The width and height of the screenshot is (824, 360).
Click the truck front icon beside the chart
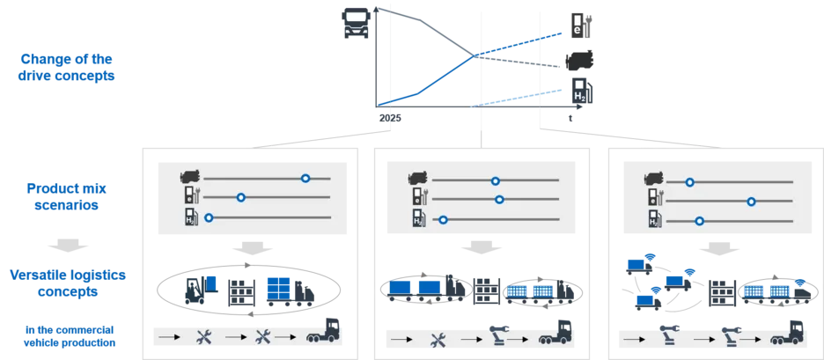[x=354, y=23]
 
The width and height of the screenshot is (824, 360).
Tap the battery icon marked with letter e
[x=578, y=24]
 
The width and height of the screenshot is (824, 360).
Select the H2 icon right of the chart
[x=578, y=90]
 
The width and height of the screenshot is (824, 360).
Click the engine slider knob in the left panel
[x=305, y=178]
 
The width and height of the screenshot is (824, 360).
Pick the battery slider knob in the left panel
[x=239, y=197]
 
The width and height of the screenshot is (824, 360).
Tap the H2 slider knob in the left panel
[x=209, y=217]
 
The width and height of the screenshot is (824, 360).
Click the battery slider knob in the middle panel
[x=499, y=199]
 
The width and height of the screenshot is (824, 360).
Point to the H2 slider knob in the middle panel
[x=444, y=218]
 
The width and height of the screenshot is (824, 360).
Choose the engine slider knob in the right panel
[x=690, y=182]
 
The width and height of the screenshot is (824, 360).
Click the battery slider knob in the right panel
[x=751, y=201]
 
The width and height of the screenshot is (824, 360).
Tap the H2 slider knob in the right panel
[x=700, y=220]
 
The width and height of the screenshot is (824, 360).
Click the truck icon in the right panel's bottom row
[x=789, y=335]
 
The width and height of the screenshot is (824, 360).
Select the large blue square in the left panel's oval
[x=277, y=288]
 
